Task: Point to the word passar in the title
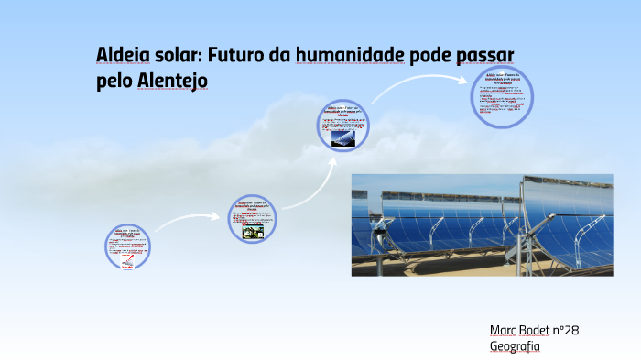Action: point(494,56)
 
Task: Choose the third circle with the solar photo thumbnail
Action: point(343,126)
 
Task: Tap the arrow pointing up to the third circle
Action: point(317,179)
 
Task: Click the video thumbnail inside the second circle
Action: point(253,233)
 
